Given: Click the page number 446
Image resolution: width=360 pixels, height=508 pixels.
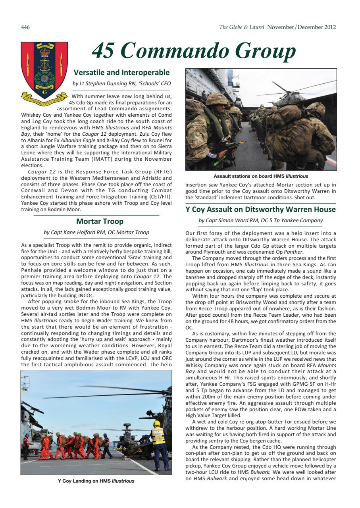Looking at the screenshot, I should point(25,27).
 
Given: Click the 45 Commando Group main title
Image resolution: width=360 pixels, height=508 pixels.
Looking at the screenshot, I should point(194,51).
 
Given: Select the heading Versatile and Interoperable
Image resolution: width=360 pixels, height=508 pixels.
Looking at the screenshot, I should point(121,73).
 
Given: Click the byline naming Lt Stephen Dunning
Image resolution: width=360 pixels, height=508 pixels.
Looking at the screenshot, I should point(121,84).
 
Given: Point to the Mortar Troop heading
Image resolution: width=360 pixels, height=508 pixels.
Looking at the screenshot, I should point(100,221).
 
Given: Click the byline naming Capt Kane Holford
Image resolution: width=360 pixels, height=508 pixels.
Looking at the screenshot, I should point(96,233).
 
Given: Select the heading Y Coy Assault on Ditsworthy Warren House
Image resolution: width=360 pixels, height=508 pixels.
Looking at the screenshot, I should point(260,209).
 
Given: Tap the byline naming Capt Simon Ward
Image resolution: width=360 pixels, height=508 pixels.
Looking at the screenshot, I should point(260,221).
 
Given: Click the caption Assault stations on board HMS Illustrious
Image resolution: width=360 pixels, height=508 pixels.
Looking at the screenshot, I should point(260,176).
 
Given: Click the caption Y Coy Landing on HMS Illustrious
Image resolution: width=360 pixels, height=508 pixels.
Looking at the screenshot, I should point(96,481).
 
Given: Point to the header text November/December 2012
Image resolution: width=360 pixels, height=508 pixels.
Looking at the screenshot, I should point(301,27).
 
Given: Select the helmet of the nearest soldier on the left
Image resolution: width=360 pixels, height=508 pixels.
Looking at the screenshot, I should point(216,99).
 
